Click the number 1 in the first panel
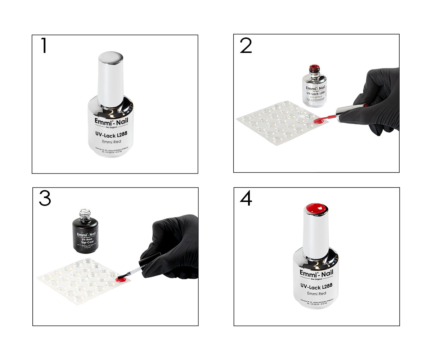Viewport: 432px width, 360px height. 44,46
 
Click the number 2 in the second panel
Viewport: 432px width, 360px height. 246,46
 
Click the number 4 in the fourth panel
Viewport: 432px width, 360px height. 246,199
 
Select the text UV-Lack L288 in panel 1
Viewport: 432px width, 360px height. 111,134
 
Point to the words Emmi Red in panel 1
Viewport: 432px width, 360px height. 111,141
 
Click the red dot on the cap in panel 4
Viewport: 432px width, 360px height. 316,208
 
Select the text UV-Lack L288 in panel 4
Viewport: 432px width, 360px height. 316,286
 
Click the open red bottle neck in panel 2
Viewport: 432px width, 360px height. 315,68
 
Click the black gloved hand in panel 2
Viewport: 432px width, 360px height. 378,101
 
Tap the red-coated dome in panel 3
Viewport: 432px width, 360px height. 120,278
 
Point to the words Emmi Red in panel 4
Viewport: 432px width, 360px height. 316,293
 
